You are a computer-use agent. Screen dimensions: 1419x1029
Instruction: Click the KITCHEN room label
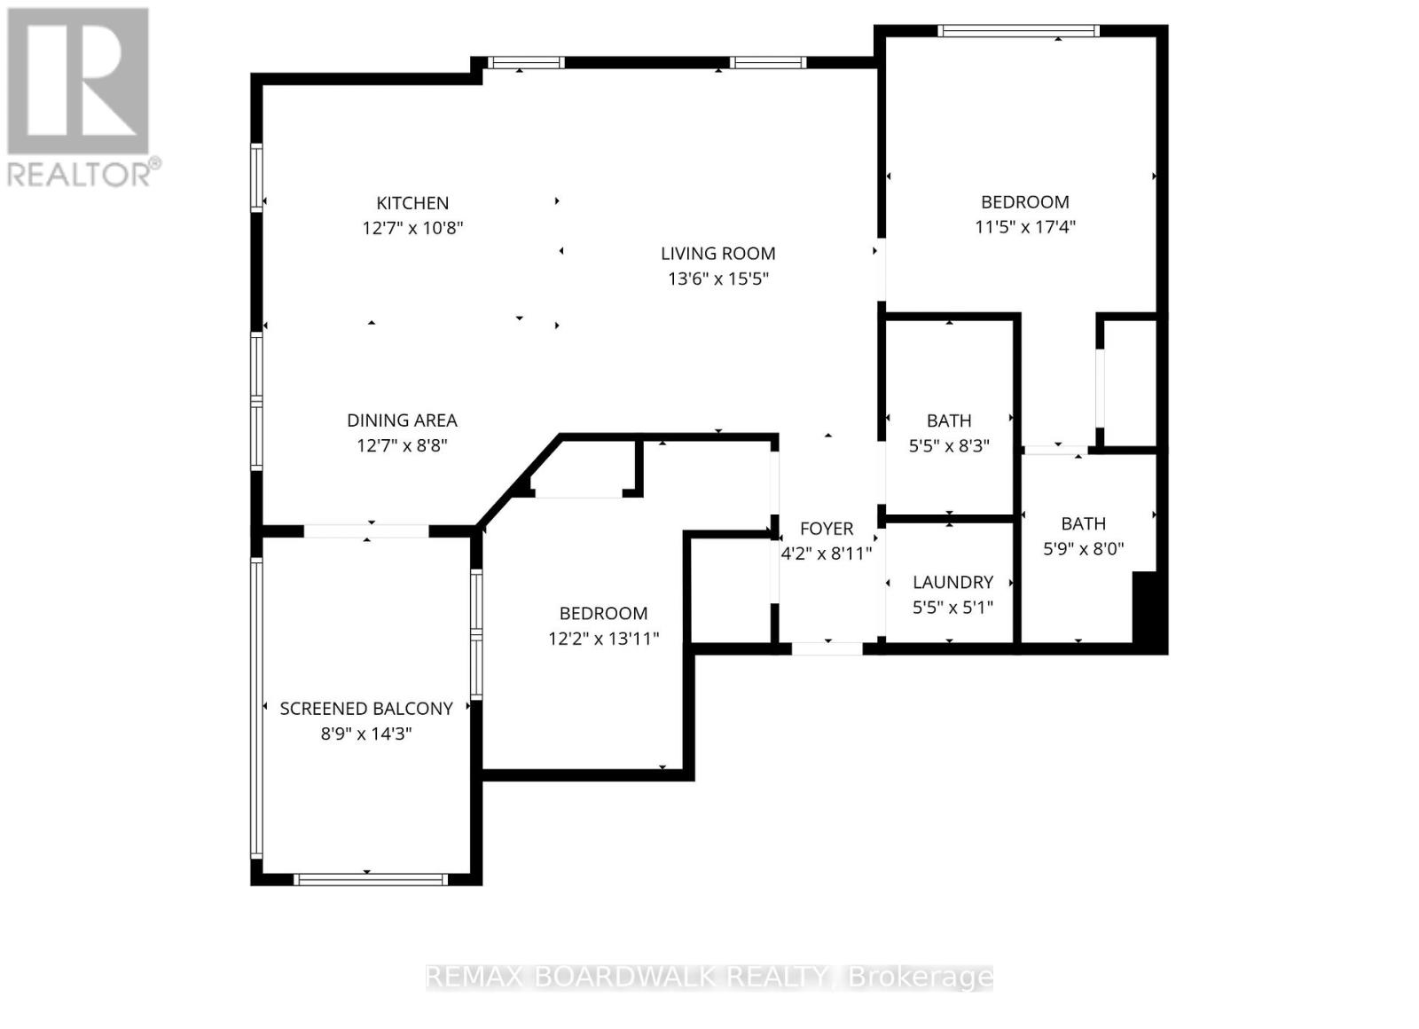[412, 203]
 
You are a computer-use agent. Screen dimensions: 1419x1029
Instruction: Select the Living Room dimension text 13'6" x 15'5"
[718, 279]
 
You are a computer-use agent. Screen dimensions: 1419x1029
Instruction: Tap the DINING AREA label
[403, 420]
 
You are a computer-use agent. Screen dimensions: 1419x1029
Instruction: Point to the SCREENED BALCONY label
[366, 709]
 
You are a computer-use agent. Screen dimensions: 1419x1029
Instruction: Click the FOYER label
[827, 529]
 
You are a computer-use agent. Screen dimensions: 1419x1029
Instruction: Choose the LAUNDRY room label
[953, 582]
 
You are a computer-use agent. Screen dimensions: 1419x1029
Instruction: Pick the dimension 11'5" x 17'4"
[1025, 227]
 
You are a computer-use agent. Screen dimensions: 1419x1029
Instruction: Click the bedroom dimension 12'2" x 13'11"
[604, 638]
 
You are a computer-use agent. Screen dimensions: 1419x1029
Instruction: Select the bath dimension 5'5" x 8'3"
[949, 446]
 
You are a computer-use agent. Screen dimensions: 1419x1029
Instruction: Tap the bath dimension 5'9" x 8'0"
[1083, 549]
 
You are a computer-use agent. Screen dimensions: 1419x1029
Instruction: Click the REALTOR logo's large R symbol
[78, 81]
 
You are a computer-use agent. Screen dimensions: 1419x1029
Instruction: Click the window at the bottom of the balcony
[371, 879]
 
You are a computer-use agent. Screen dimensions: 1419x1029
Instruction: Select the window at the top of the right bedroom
[1018, 31]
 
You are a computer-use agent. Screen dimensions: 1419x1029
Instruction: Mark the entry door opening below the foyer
[827, 648]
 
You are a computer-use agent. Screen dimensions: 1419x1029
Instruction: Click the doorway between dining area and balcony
[366, 531]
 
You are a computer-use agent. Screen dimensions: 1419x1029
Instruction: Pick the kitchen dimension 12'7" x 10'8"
[412, 228]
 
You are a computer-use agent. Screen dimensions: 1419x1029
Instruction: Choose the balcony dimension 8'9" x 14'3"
[366, 734]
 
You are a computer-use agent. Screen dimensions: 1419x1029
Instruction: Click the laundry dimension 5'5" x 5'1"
[953, 607]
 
